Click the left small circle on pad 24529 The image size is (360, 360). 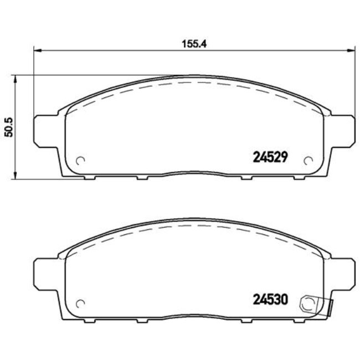pyautogui.click(x=80, y=161)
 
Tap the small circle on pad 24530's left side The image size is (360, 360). pyautogui.click(x=80, y=304)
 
